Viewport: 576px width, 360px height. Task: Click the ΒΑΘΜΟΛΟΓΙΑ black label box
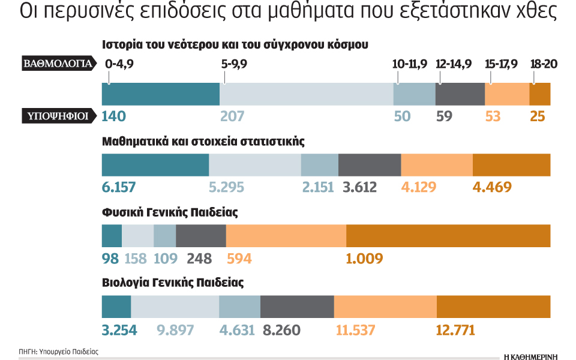point(58,63)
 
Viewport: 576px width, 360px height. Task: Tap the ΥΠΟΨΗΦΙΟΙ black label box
point(58,116)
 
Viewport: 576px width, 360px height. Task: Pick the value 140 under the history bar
point(114,116)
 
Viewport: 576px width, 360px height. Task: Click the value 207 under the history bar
point(232,116)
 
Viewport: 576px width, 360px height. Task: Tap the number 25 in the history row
point(538,116)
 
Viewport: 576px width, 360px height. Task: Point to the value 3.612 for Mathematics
point(359,187)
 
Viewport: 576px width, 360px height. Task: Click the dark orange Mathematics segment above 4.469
point(511,165)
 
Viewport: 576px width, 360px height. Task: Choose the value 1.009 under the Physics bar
point(364,259)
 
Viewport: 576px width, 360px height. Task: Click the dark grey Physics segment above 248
point(201,235)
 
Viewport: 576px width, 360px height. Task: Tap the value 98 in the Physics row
point(111,259)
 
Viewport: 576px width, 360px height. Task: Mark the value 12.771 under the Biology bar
point(455,329)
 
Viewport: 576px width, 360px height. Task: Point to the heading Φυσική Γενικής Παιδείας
point(171,212)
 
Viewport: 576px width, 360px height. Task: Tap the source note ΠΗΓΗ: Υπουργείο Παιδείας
point(58,351)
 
